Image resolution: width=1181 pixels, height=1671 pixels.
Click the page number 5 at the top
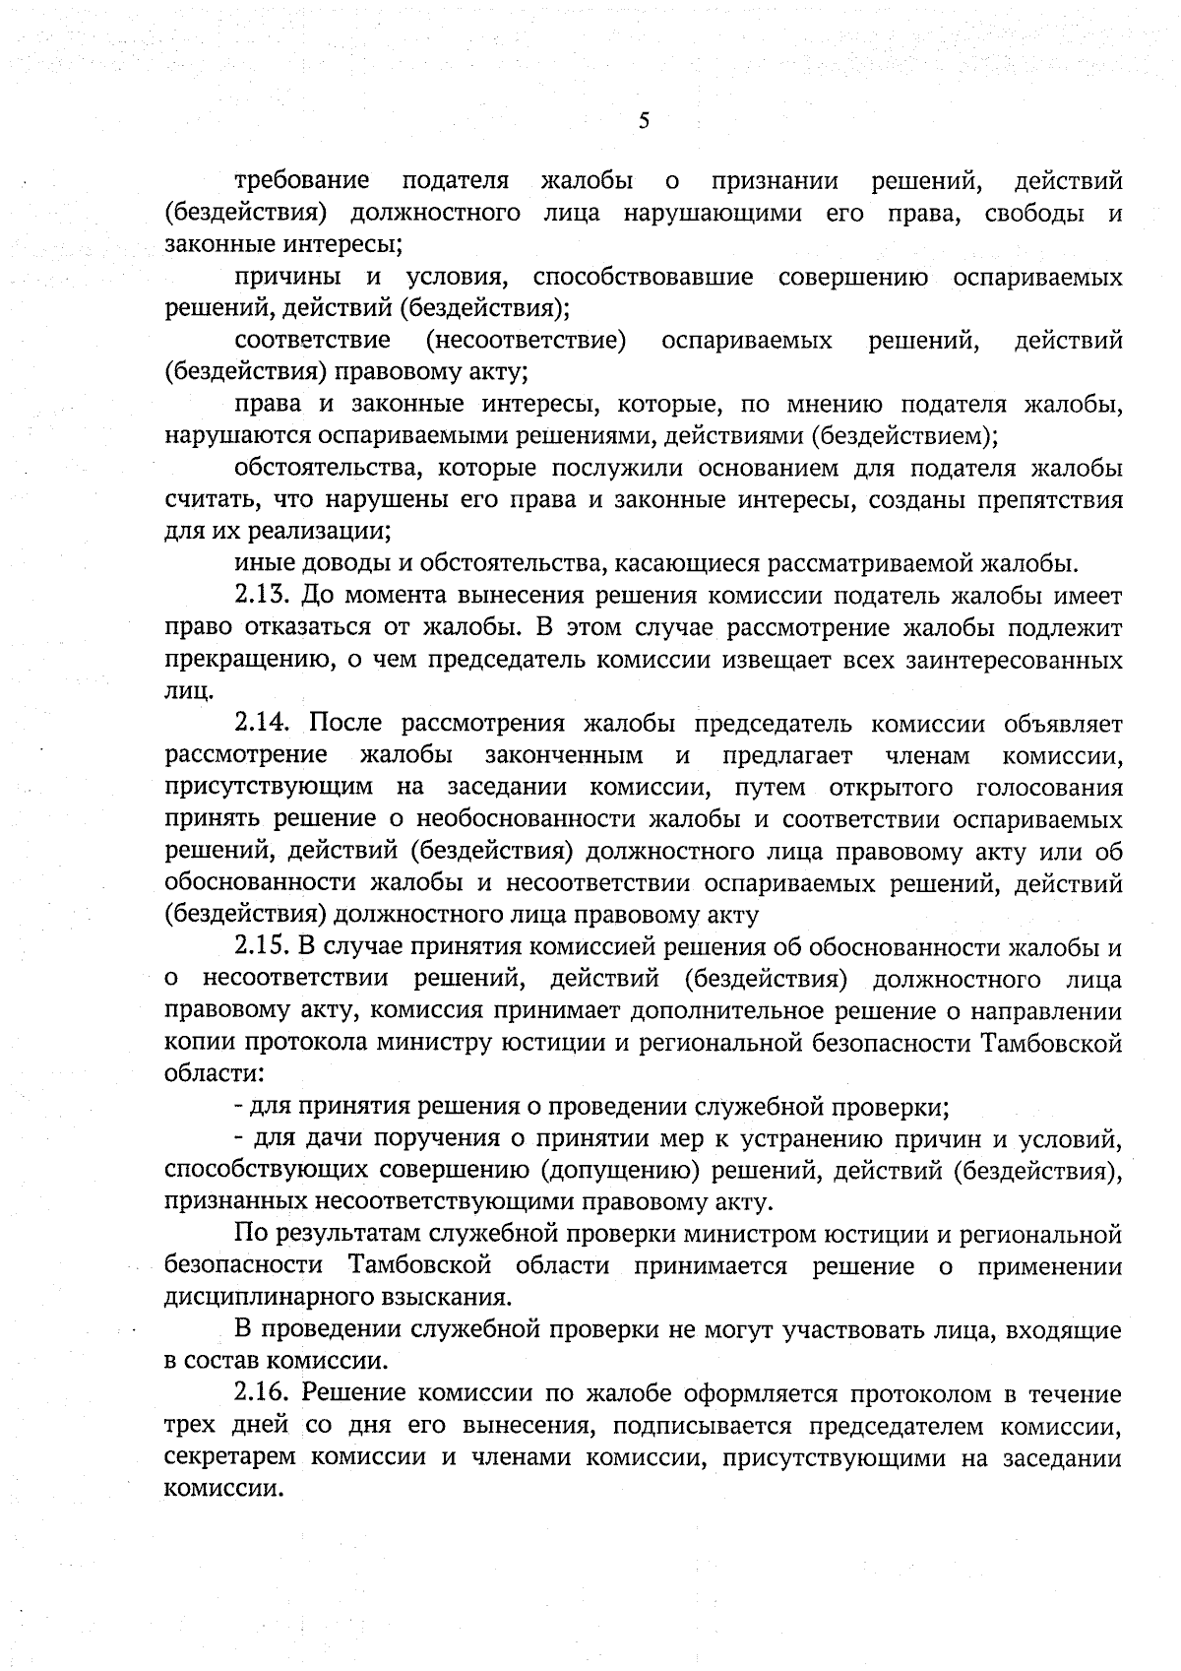[x=644, y=121]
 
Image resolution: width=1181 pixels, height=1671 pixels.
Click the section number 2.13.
[x=263, y=596]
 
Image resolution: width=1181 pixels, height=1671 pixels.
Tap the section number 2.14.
[x=263, y=724]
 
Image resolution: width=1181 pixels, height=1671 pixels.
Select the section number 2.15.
[x=263, y=947]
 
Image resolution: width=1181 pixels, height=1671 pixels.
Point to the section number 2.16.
[x=263, y=1394]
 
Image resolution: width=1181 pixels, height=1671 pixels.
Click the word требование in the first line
[x=302, y=181]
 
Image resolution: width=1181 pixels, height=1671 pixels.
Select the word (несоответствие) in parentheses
[x=527, y=342]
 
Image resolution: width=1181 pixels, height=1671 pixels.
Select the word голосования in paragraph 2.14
[x=1049, y=787]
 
